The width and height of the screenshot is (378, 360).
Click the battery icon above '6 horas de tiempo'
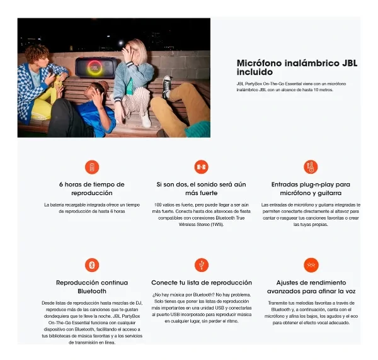(92, 167)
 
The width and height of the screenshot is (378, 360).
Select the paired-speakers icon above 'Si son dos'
(202, 167)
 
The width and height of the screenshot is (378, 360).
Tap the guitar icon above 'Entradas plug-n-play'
(311, 167)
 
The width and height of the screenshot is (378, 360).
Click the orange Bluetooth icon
(92, 264)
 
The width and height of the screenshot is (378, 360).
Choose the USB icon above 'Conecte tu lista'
(202, 264)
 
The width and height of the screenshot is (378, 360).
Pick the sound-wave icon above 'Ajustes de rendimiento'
(311, 264)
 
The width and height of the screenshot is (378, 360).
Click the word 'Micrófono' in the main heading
(260, 63)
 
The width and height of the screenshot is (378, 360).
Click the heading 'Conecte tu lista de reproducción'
(202, 283)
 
